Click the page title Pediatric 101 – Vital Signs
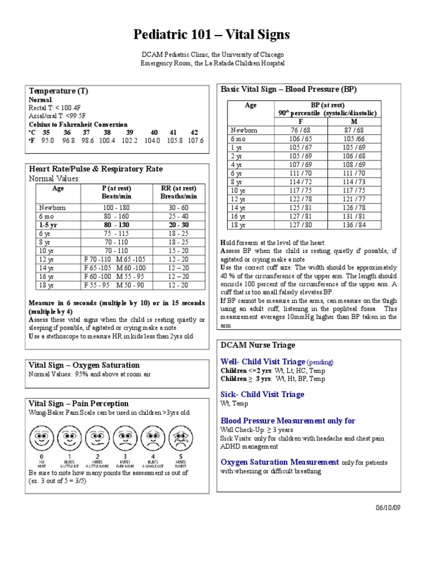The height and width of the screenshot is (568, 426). tap(212, 35)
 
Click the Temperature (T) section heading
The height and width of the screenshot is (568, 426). tap(59, 90)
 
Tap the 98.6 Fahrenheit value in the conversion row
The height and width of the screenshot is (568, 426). tap(87, 141)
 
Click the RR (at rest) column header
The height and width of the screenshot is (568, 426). tap(179, 188)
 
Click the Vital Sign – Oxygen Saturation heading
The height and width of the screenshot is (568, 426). tap(84, 365)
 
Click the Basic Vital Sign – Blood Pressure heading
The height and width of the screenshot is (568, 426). tap(289, 89)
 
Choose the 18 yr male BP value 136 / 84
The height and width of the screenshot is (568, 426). tap(354, 225)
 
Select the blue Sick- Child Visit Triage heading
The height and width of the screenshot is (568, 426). tap(262, 394)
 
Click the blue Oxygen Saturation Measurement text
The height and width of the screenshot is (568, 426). tap(280, 462)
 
